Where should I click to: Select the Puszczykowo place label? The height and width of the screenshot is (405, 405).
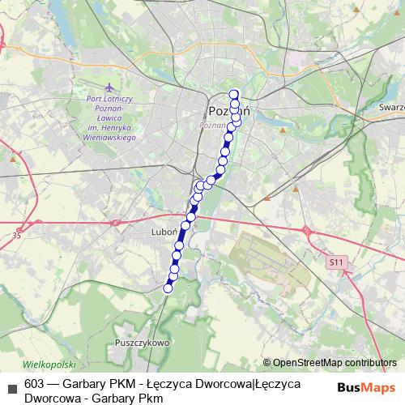coord(141,343)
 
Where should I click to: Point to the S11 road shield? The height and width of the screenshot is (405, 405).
coord(337,263)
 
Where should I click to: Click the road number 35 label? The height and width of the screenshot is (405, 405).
coord(17,236)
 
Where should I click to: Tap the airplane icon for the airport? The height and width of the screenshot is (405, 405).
coord(109,87)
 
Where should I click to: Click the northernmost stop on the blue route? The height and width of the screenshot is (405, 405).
coord(234,93)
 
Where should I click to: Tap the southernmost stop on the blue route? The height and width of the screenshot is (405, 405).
coord(168,288)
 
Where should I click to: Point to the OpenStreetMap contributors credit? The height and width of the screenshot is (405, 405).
coord(330,363)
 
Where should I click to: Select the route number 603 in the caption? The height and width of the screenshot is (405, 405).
coord(35,384)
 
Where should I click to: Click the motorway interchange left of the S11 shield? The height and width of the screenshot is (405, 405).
coord(308,232)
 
